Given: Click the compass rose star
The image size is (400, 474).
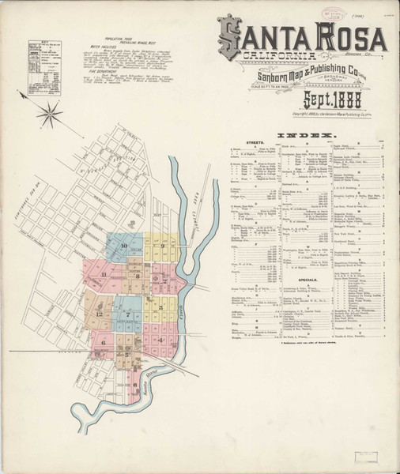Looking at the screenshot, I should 48,113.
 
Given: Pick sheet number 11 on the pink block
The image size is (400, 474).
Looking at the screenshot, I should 104,273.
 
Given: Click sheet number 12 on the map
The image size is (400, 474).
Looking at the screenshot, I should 100,314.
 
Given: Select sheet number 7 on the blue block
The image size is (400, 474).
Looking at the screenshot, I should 128,314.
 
